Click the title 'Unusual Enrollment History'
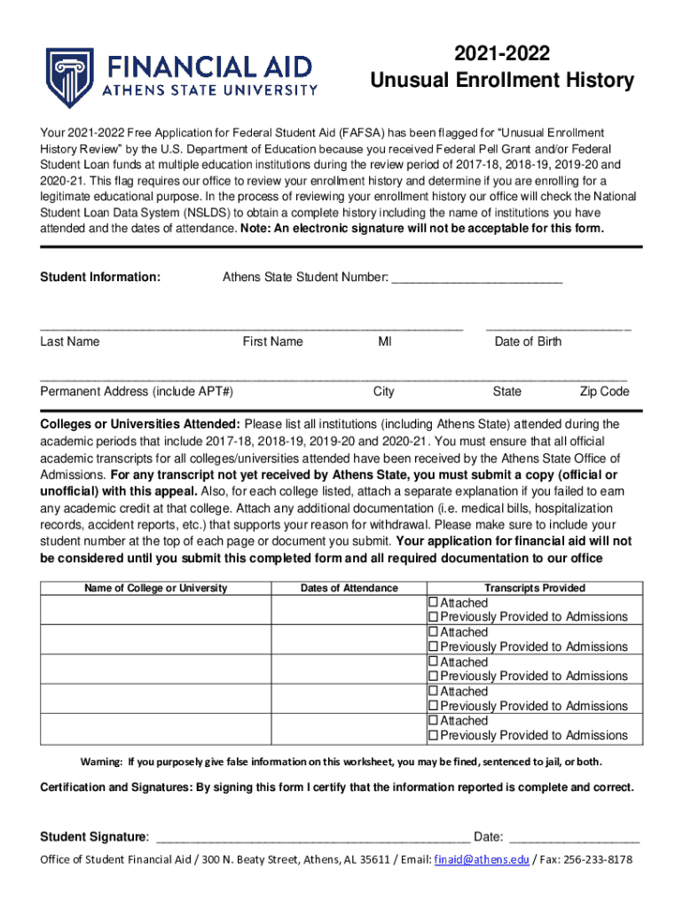[x=502, y=82]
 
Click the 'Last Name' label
[x=70, y=341]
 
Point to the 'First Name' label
[x=272, y=341]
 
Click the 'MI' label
[x=384, y=341]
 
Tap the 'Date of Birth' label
[x=528, y=341]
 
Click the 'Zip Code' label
[x=604, y=391]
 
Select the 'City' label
[x=383, y=391]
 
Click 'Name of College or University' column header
[x=155, y=588]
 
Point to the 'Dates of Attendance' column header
[x=349, y=588]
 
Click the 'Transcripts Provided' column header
[x=534, y=588]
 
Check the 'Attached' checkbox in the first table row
[x=434, y=603]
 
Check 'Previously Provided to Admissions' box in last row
[x=434, y=735]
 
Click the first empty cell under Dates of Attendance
[x=349, y=610]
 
